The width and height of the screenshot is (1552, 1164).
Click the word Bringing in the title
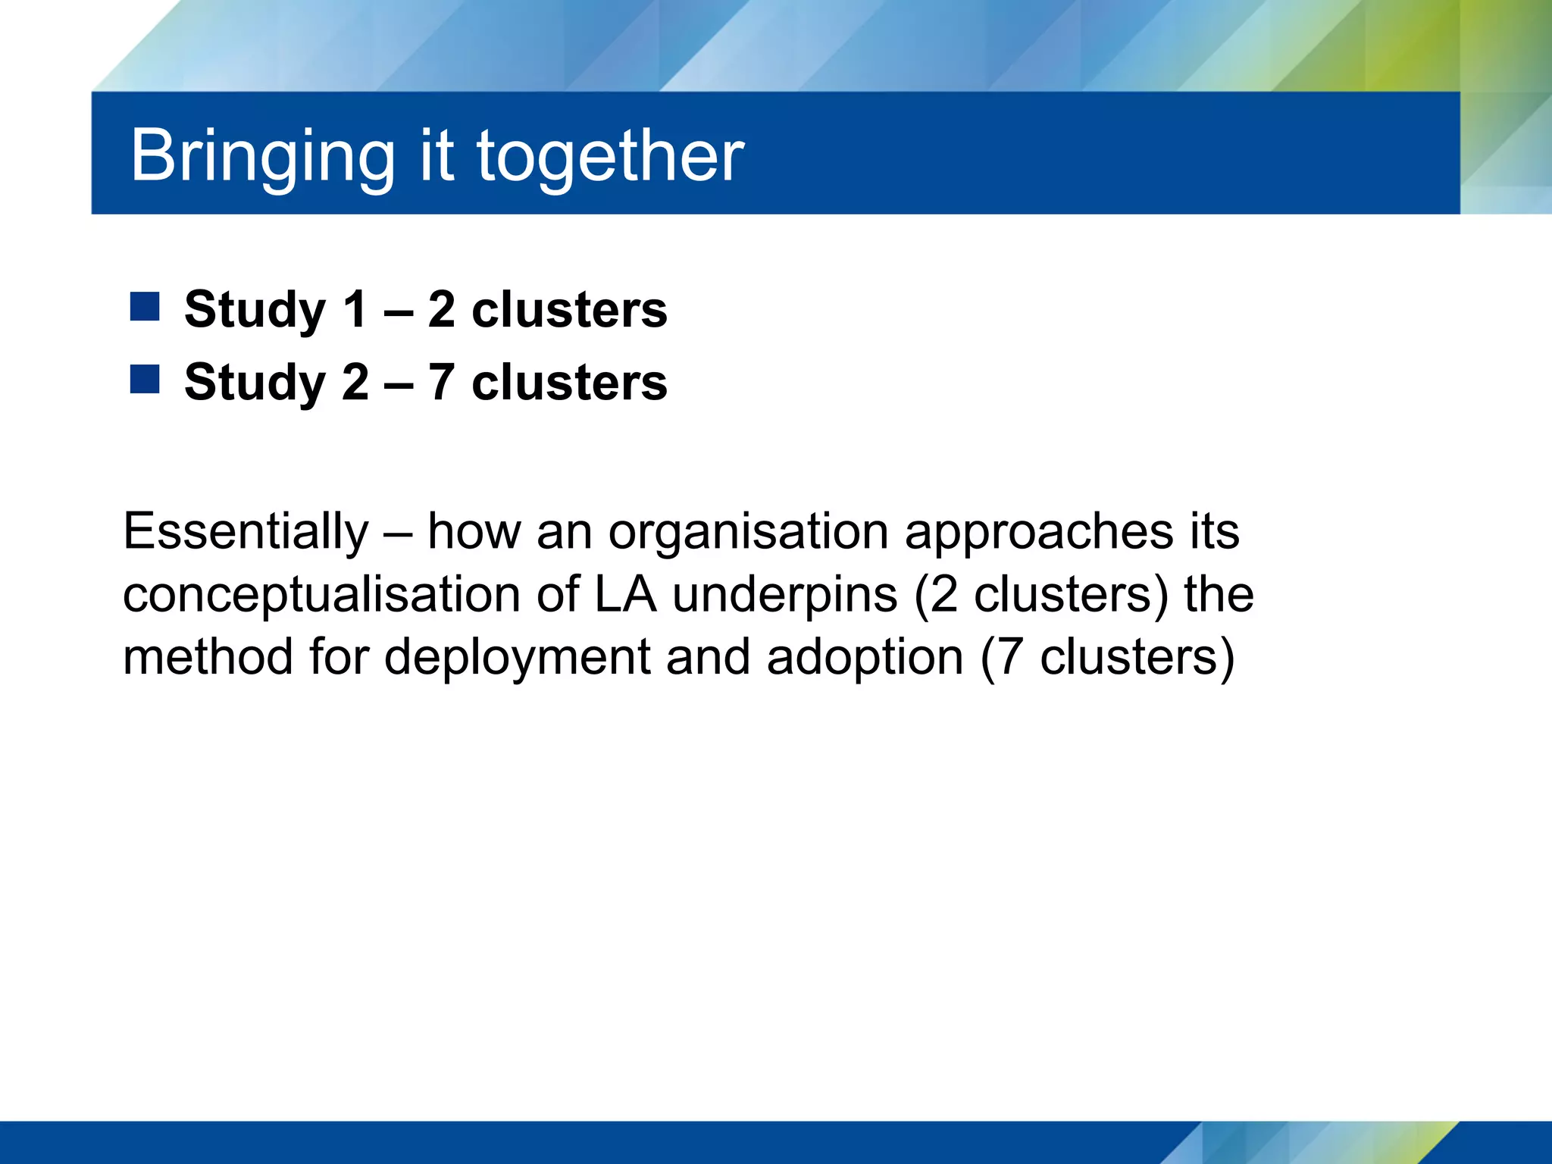tap(262, 156)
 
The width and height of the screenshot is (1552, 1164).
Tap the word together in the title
tap(610, 156)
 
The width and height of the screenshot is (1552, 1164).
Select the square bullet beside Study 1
tap(145, 307)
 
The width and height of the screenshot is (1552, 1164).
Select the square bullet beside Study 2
tap(145, 379)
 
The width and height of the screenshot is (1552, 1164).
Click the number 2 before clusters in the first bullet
tap(442, 310)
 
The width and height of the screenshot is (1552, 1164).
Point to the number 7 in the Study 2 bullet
tap(442, 382)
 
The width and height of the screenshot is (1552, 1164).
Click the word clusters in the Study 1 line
tap(569, 310)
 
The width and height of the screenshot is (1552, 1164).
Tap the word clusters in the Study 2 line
tap(569, 382)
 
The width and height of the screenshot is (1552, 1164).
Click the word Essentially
tap(246, 531)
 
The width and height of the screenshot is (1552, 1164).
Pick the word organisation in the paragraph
tap(748, 533)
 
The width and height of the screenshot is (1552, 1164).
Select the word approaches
tap(1039, 533)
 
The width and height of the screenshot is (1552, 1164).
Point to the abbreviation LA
tap(625, 595)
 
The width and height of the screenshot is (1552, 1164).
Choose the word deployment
tap(517, 658)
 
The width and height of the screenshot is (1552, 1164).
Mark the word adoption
tap(865, 658)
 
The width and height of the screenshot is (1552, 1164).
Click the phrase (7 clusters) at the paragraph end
tap(1107, 658)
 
